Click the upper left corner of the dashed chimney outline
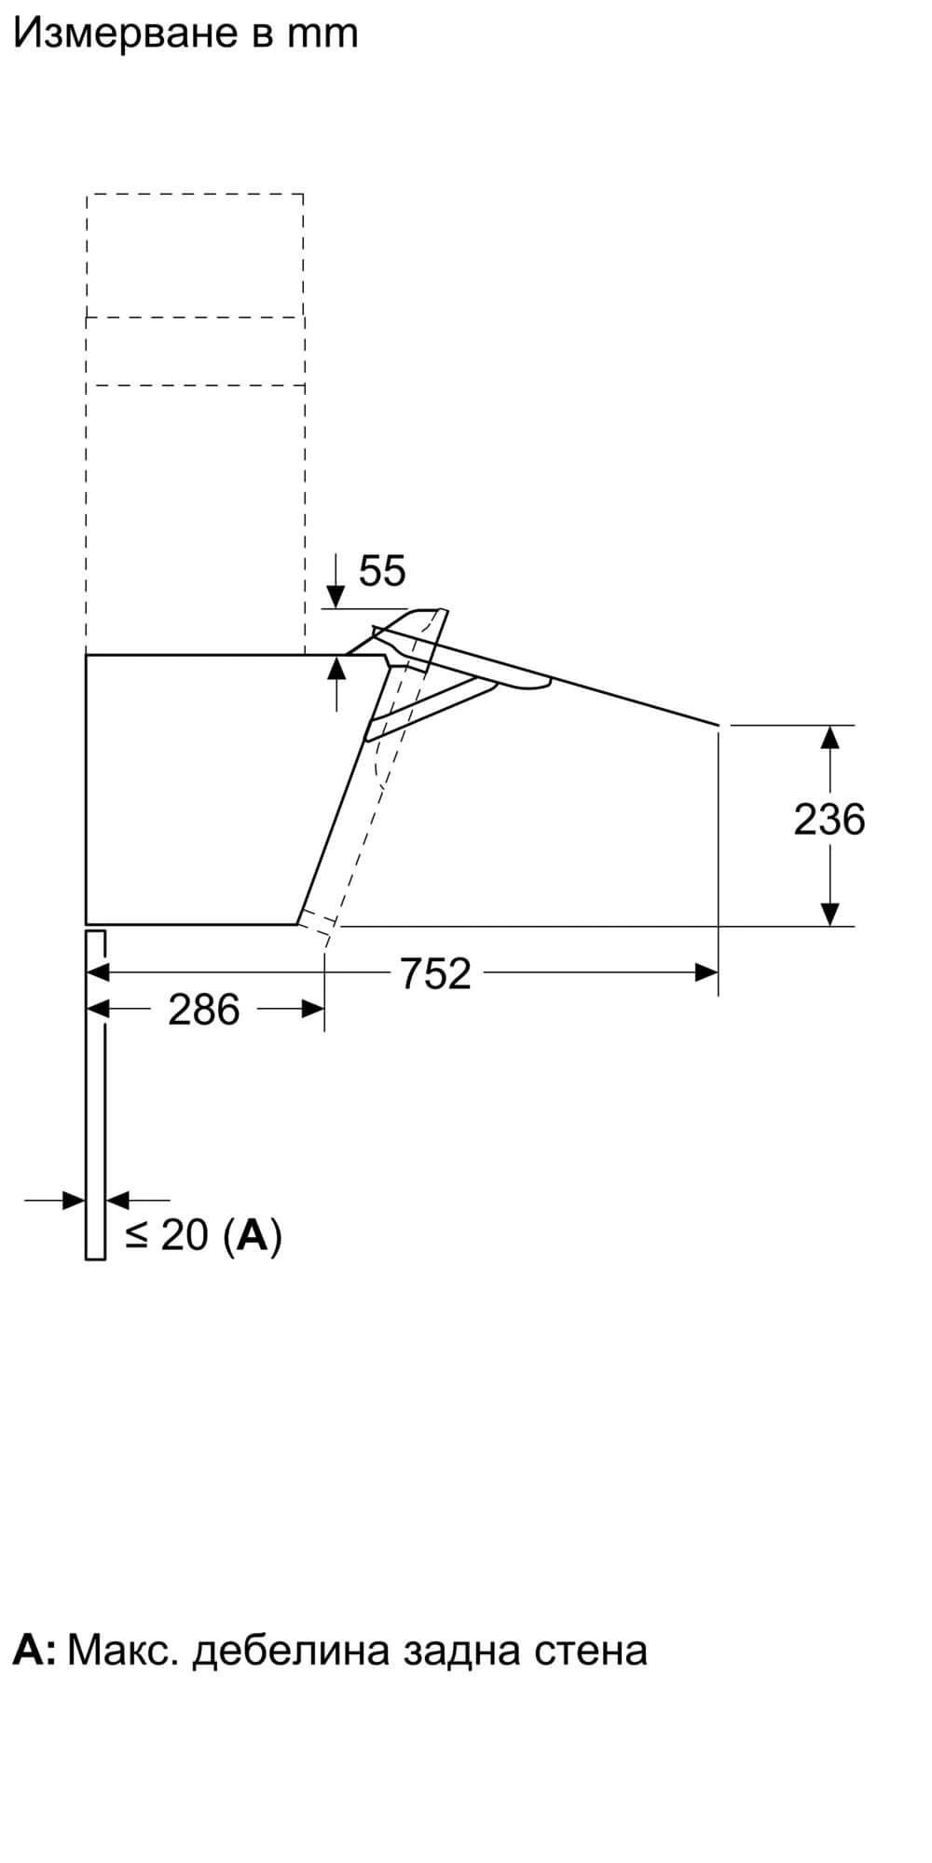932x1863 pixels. [87, 195]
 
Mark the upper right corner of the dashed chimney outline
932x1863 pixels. [304, 195]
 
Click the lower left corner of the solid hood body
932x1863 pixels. [86, 924]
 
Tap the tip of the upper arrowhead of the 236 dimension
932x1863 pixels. [829, 726]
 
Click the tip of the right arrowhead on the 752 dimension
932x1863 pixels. [719, 972]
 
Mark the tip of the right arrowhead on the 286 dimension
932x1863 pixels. [324, 1009]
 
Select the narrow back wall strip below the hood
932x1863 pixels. [95, 1094]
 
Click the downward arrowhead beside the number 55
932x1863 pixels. [336, 596]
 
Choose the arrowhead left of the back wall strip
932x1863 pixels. [74, 1200]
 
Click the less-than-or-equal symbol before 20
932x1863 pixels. [137, 1235]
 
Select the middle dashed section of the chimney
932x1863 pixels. [195, 351]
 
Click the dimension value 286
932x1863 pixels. [204, 1010]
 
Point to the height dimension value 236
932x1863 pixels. [829, 820]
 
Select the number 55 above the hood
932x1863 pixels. [382, 570]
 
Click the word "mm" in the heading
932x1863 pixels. [322, 34]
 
